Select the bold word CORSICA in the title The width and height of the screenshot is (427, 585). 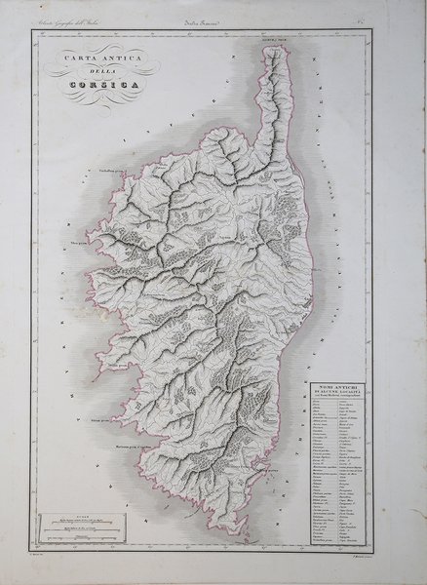coord(98,90)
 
